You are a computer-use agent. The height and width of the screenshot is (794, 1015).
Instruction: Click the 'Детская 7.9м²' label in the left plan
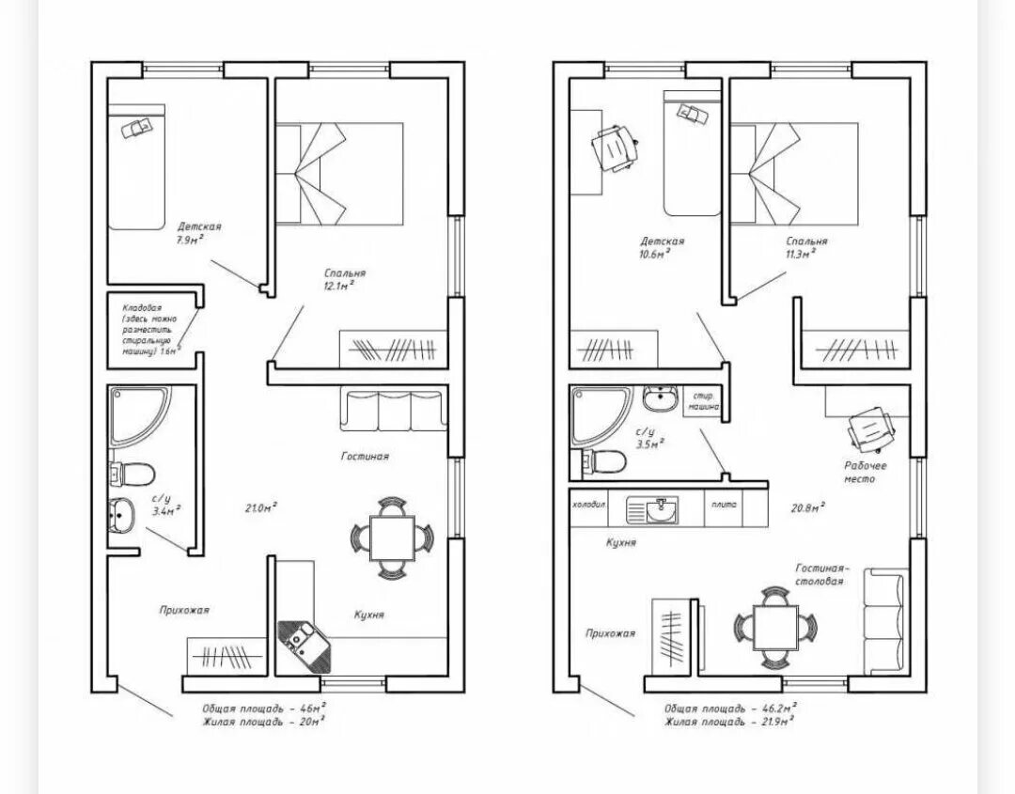[198, 232]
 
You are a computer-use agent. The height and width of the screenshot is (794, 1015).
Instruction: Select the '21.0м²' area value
[260, 507]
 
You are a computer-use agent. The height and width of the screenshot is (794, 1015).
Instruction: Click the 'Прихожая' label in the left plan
[183, 610]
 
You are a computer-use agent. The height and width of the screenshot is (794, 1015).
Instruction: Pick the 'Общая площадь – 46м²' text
[264, 708]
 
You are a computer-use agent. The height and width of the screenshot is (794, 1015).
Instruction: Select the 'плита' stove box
[724, 506]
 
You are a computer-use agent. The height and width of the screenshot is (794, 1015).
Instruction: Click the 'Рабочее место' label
[859, 472]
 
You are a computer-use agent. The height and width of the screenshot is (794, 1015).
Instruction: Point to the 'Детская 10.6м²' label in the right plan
[663, 247]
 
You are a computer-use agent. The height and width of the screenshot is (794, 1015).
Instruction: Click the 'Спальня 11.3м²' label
[807, 246]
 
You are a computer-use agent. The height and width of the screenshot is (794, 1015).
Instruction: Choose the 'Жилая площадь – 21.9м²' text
[729, 722]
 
